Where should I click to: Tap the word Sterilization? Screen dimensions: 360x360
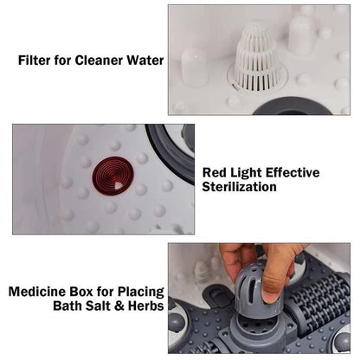tap(239, 186)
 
